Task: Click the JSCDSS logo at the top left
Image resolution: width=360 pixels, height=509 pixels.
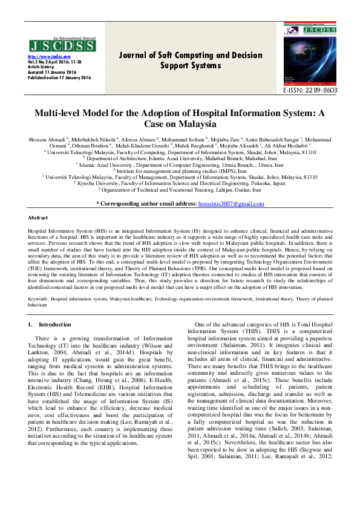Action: click(x=61, y=45)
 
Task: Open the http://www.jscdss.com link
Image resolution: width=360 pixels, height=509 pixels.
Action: click(x=45, y=56)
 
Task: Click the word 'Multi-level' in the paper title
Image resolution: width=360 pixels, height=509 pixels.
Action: click(x=58, y=113)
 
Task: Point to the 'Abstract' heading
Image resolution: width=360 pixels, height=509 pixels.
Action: click(x=39, y=217)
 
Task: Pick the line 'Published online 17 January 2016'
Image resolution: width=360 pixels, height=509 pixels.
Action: click(x=59, y=78)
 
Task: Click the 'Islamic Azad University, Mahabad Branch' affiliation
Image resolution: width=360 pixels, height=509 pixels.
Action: click(x=182, y=158)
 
